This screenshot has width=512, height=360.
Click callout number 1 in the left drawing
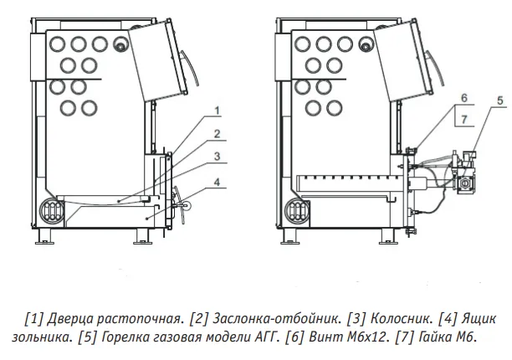pyautogui.click(x=218, y=111)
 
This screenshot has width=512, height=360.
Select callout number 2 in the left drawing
pyautogui.click(x=218, y=134)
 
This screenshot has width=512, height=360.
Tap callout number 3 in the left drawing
pyautogui.click(x=218, y=157)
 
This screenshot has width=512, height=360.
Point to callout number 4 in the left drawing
pyautogui.click(x=218, y=182)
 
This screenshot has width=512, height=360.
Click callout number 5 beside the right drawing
pyautogui.click(x=500, y=100)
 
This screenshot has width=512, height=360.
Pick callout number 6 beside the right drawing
pyautogui.click(x=464, y=98)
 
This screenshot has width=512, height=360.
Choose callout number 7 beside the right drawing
pyautogui.click(x=464, y=120)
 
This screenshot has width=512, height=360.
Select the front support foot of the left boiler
pyautogui.click(x=143, y=236)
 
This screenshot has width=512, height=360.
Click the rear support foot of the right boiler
pyautogui.click(x=288, y=236)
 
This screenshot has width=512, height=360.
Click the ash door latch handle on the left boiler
pyautogui.click(x=180, y=205)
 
